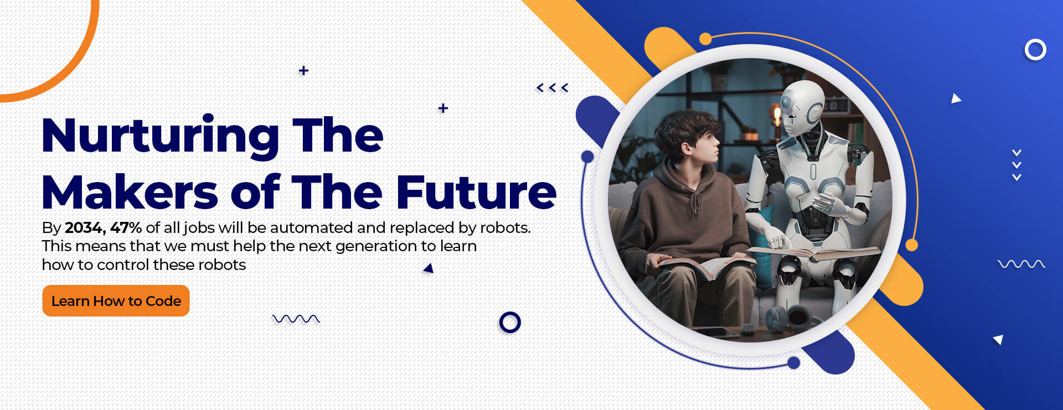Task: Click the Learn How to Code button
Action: pyautogui.click(x=116, y=301)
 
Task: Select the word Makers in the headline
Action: pyautogui.click(x=130, y=192)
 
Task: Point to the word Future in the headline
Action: pyautogui.click(x=476, y=192)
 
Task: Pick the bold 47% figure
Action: pyautogui.click(x=126, y=228)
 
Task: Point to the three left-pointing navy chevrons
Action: pyautogui.click(x=553, y=87)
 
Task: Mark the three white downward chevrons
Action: pyautogui.click(x=1016, y=165)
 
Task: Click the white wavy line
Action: pyautogui.click(x=1021, y=264)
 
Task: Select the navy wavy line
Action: pyautogui.click(x=296, y=319)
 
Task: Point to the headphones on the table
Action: pyautogui.click(x=786, y=318)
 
